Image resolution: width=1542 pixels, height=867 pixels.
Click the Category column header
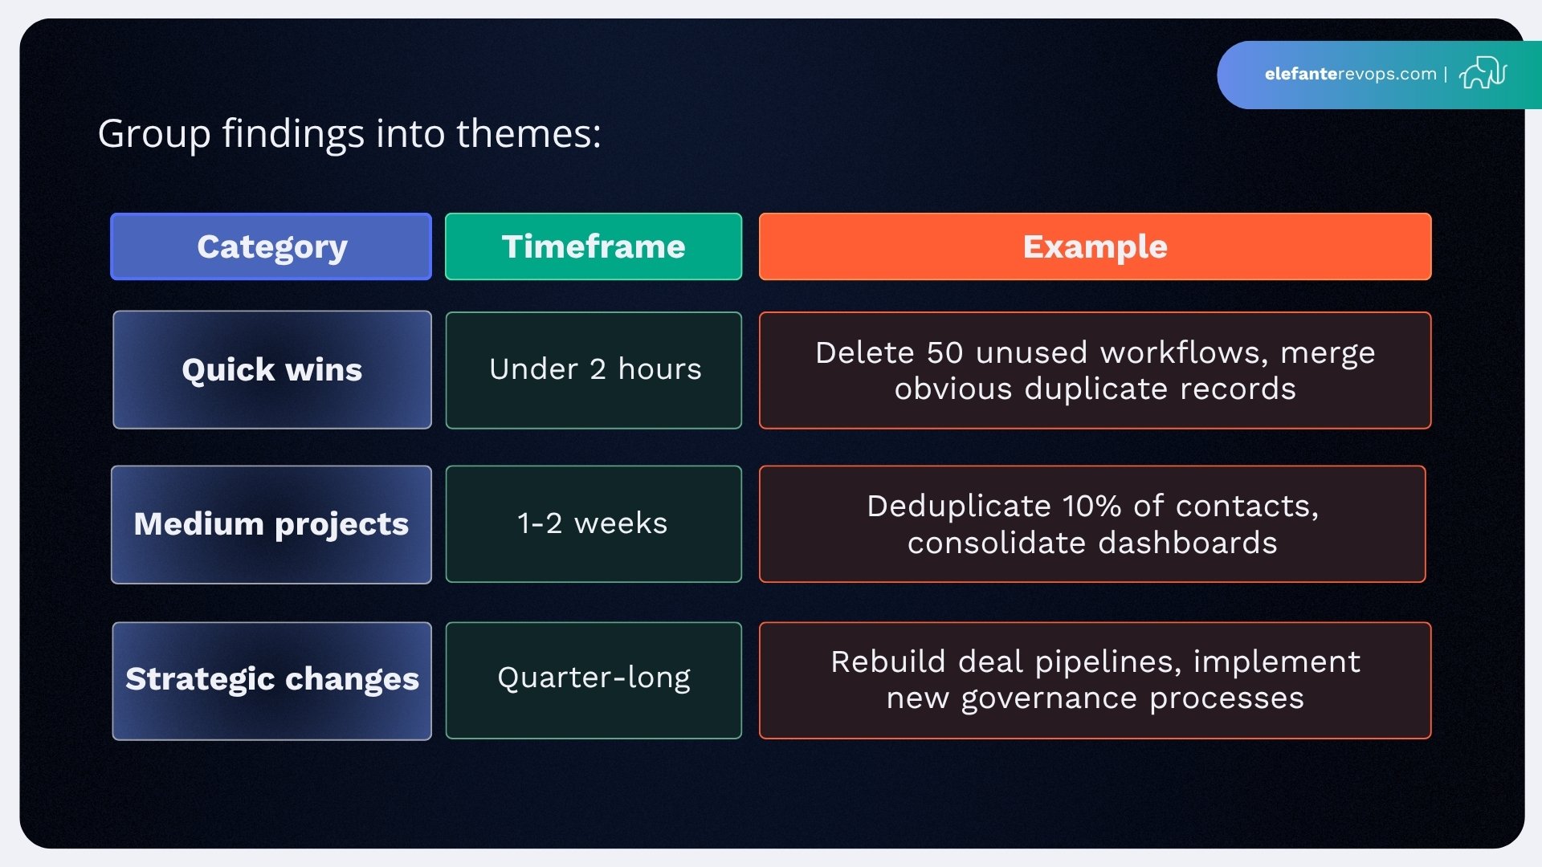tap(271, 246)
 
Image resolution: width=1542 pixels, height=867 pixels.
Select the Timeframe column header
tap(594, 246)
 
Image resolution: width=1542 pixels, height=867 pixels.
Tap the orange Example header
tap(1095, 246)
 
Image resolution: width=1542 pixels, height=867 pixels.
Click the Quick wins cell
tap(271, 370)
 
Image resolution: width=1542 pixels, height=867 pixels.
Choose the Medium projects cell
tap(271, 524)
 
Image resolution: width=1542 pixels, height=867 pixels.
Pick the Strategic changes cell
tap(271, 680)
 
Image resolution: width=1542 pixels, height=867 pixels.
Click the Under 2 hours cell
tap(594, 370)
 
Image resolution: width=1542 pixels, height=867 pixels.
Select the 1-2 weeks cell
tap(593, 523)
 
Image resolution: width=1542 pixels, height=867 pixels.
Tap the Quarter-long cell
tap(594, 678)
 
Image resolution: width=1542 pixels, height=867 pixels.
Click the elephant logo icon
tap(1483, 73)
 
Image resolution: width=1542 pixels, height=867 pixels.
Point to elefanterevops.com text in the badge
tap(1350, 74)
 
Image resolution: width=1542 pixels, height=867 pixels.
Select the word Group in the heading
tap(153, 135)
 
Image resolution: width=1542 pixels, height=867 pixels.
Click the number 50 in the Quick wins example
tap(944, 353)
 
